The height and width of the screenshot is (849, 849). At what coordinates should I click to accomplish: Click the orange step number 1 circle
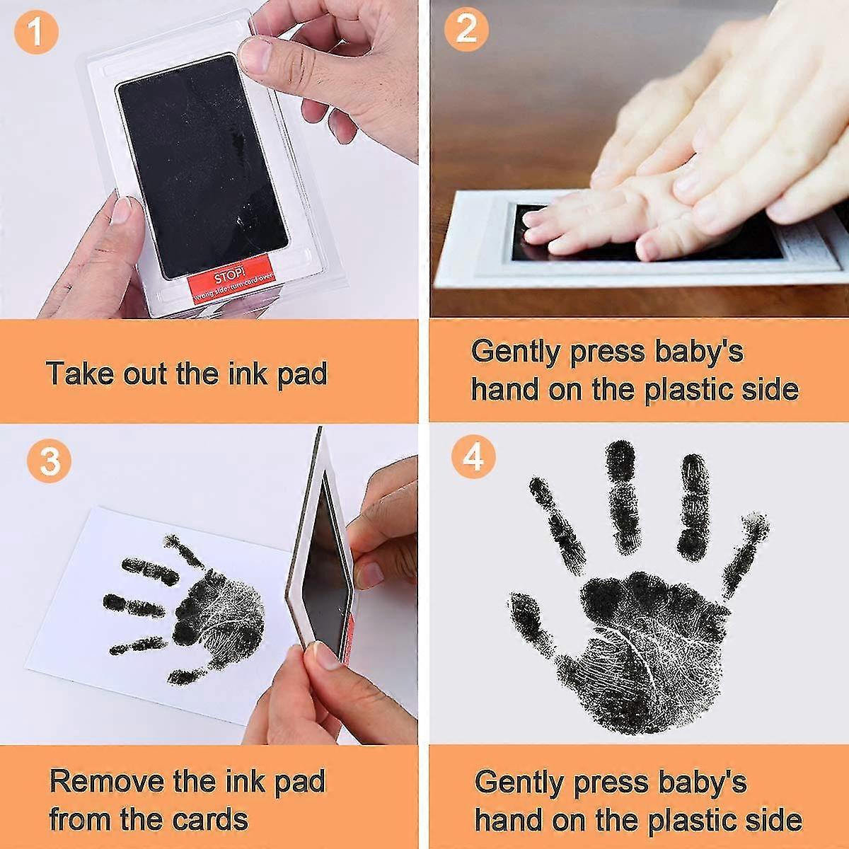pos(35,32)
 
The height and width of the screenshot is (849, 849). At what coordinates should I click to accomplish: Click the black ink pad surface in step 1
pos(202,163)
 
